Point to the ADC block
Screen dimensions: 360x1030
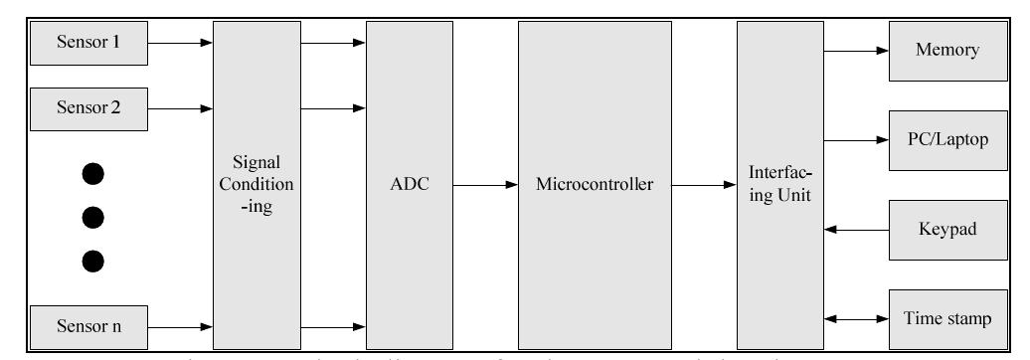(x=409, y=184)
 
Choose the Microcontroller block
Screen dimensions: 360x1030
(x=594, y=184)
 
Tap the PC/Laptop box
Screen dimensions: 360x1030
(x=940, y=140)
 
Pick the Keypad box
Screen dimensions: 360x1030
(x=940, y=229)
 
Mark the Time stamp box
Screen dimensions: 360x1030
(x=940, y=318)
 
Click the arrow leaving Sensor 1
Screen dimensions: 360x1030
(x=182, y=43)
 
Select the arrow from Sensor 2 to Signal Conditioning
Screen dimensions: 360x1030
(x=182, y=107)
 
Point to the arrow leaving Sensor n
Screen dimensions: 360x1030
(x=182, y=325)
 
